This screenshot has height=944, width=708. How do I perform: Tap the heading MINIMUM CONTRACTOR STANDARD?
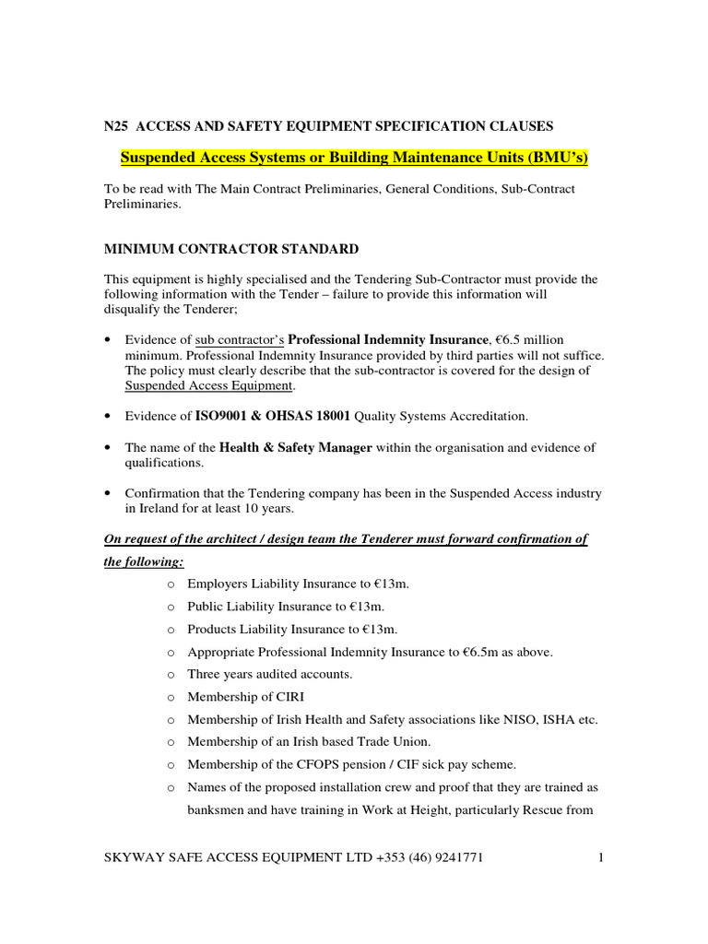pyautogui.click(x=230, y=249)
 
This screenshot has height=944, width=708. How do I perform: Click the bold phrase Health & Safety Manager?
pyautogui.click(x=295, y=447)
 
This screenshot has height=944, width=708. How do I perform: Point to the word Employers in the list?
pyautogui.click(x=218, y=584)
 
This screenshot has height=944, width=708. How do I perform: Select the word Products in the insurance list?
pyautogui.click(x=212, y=629)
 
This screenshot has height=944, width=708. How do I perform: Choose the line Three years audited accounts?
pyautogui.click(x=269, y=674)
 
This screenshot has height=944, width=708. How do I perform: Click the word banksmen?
pyautogui.click(x=218, y=810)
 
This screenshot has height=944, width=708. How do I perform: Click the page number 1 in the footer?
pyautogui.click(x=600, y=858)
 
